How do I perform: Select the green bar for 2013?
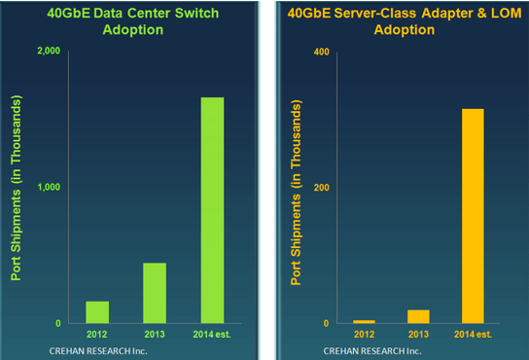(155, 293)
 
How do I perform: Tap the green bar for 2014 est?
(211, 210)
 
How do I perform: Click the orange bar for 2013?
(419, 316)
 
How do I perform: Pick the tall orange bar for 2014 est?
(472, 215)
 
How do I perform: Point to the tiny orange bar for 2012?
(364, 321)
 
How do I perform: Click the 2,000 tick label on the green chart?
(50, 52)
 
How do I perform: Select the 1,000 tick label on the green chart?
(50, 188)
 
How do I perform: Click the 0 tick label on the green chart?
(58, 324)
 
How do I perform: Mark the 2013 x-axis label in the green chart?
(154, 335)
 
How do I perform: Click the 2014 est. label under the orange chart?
(472, 335)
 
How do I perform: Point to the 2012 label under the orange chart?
(365, 335)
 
